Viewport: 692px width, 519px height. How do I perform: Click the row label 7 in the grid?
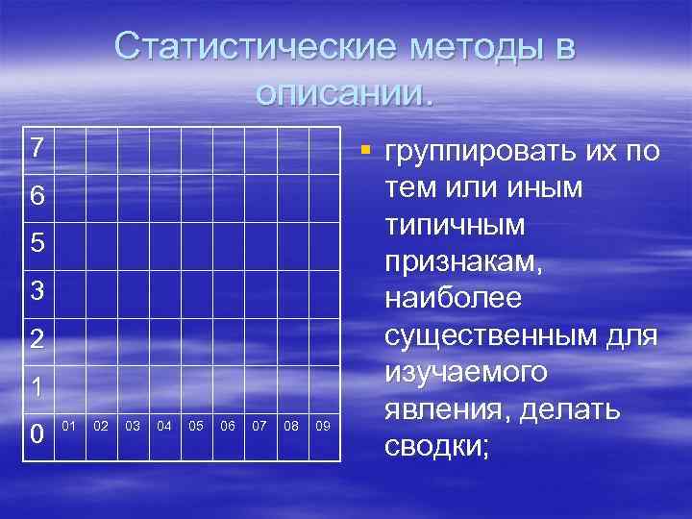pyautogui.click(x=37, y=148)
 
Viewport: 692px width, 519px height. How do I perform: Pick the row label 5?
pyautogui.click(x=37, y=244)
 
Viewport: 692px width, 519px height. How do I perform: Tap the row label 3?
pyautogui.click(x=37, y=291)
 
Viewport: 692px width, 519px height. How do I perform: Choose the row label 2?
pyautogui.click(x=37, y=339)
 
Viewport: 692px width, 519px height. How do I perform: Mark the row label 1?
pyautogui.click(x=37, y=386)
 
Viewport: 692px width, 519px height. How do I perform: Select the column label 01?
pyautogui.click(x=69, y=424)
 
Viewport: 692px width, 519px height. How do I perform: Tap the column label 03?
pyautogui.click(x=133, y=424)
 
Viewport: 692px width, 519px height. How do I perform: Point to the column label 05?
pyautogui.click(x=196, y=424)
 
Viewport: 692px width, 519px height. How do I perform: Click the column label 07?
pyautogui.click(x=259, y=424)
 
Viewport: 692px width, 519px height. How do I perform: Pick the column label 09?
pyautogui.click(x=323, y=424)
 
